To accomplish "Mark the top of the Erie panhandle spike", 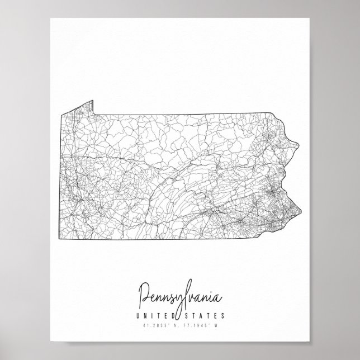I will tap(92, 101).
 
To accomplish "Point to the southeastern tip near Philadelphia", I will tap(302, 211).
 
